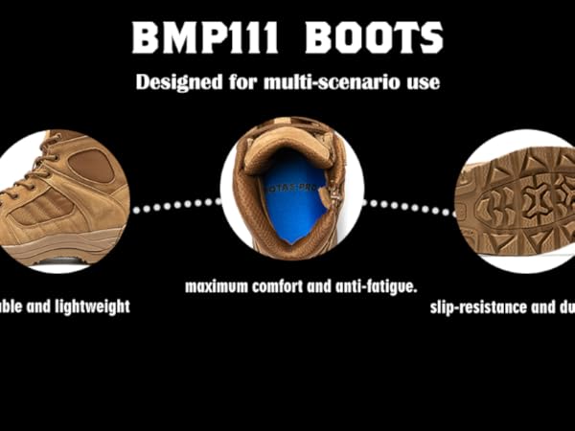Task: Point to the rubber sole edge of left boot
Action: (x=57, y=251)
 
